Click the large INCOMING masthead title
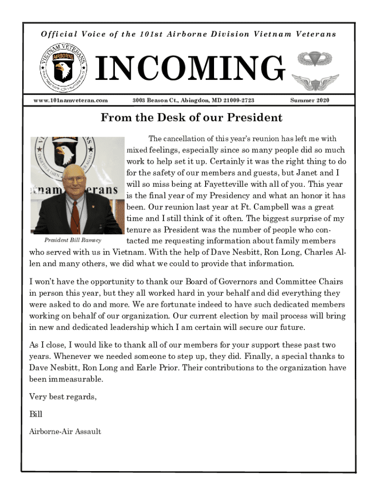pyautogui.click(x=189, y=68)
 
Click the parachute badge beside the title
pyautogui.click(x=313, y=59)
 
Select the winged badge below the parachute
pyautogui.click(x=315, y=82)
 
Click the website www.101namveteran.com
pyautogui.click(x=70, y=100)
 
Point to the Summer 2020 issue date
pyautogui.click(x=309, y=100)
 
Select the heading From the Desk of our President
pyautogui.click(x=191, y=118)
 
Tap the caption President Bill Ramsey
pyautogui.click(x=73, y=240)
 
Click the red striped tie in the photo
pyautogui.click(x=75, y=211)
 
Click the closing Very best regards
pyautogui.click(x=63, y=397)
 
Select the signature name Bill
pyautogui.click(x=36, y=414)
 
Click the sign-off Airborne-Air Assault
pyautogui.click(x=65, y=431)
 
